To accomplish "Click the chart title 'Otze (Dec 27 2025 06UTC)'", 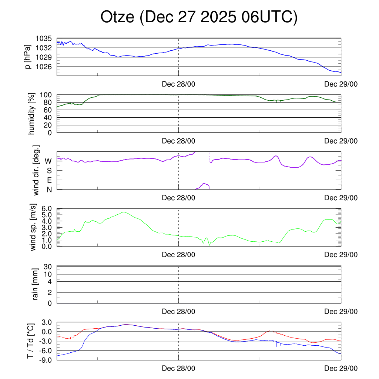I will pyautogui.click(x=199, y=17).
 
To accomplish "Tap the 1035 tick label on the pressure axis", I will pyautogui.click(x=44, y=38).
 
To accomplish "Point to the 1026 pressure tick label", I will pyautogui.click(x=44, y=67).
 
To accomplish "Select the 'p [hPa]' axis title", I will pyautogui.click(x=28, y=57).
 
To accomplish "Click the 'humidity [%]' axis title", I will pyautogui.click(x=31, y=114).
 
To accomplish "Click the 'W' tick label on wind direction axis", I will pyautogui.click(x=48, y=161).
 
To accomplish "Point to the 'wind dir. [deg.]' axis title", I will pyautogui.click(x=36, y=170).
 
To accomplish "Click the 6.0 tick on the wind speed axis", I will pyautogui.click(x=46, y=208).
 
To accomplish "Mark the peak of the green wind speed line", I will pyautogui.click(x=124, y=212).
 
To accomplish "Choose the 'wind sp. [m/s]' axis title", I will pyautogui.click(x=34, y=227).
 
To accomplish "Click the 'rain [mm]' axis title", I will pyautogui.click(x=36, y=284).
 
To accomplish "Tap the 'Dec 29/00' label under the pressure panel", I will pyautogui.click(x=341, y=84).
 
